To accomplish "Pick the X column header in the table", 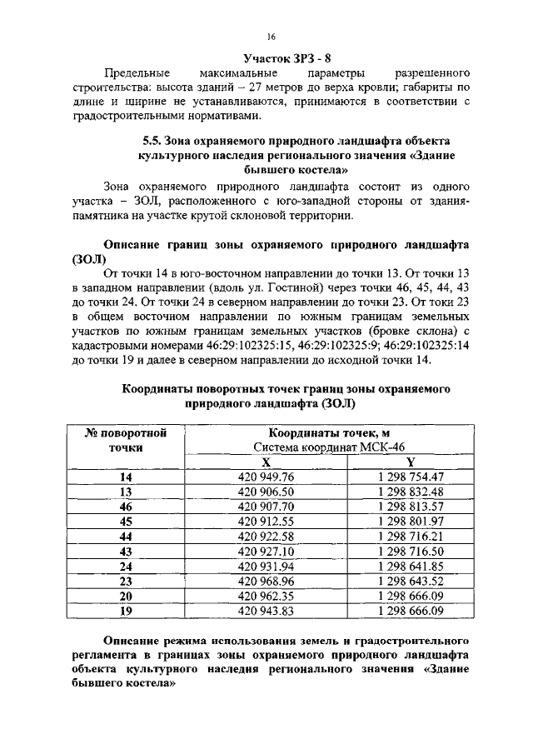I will click(266, 462).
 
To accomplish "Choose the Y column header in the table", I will click(410, 462).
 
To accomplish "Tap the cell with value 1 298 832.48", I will click(410, 492).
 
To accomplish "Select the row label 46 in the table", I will click(127, 507).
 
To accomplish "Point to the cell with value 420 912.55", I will click(266, 522).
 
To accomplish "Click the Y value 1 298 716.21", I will click(410, 536).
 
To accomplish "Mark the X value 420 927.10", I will click(266, 551).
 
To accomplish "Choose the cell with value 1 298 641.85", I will click(410, 566).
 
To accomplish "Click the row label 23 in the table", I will click(127, 581).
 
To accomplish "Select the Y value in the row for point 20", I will click(410, 596).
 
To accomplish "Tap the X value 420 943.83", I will click(266, 611).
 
